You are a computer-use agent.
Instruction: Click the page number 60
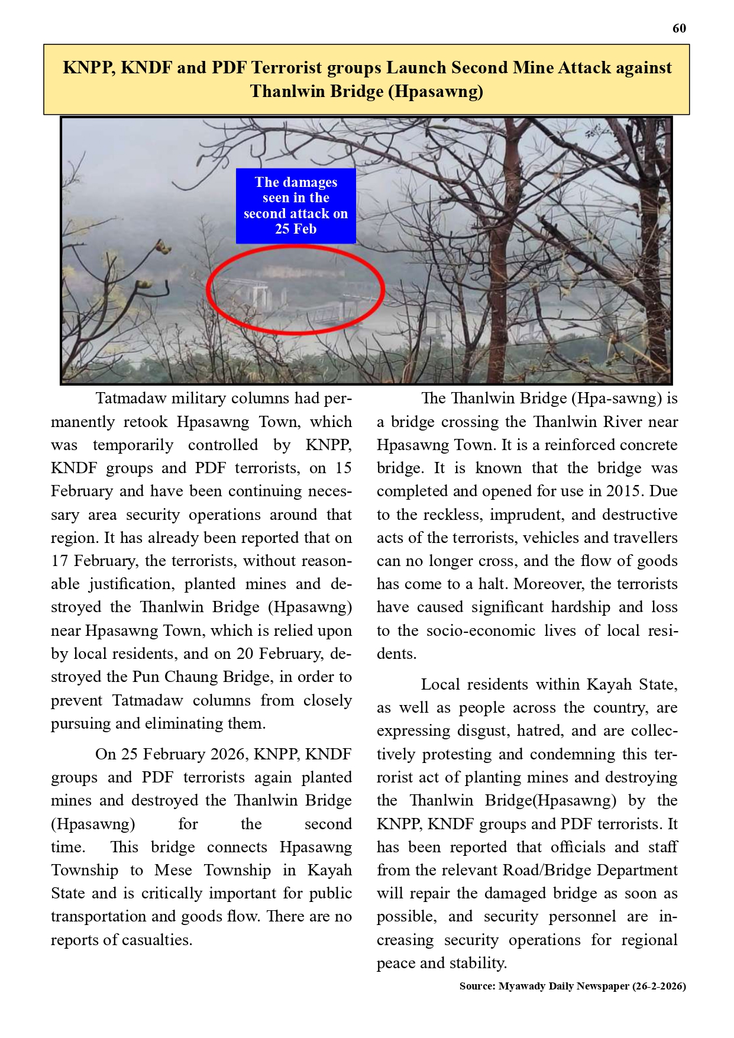click(679, 28)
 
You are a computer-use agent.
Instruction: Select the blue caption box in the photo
click(296, 206)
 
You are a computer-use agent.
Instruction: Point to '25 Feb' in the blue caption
click(296, 229)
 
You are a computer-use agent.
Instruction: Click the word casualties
click(156, 940)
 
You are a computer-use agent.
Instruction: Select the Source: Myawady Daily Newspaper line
click(573, 986)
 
